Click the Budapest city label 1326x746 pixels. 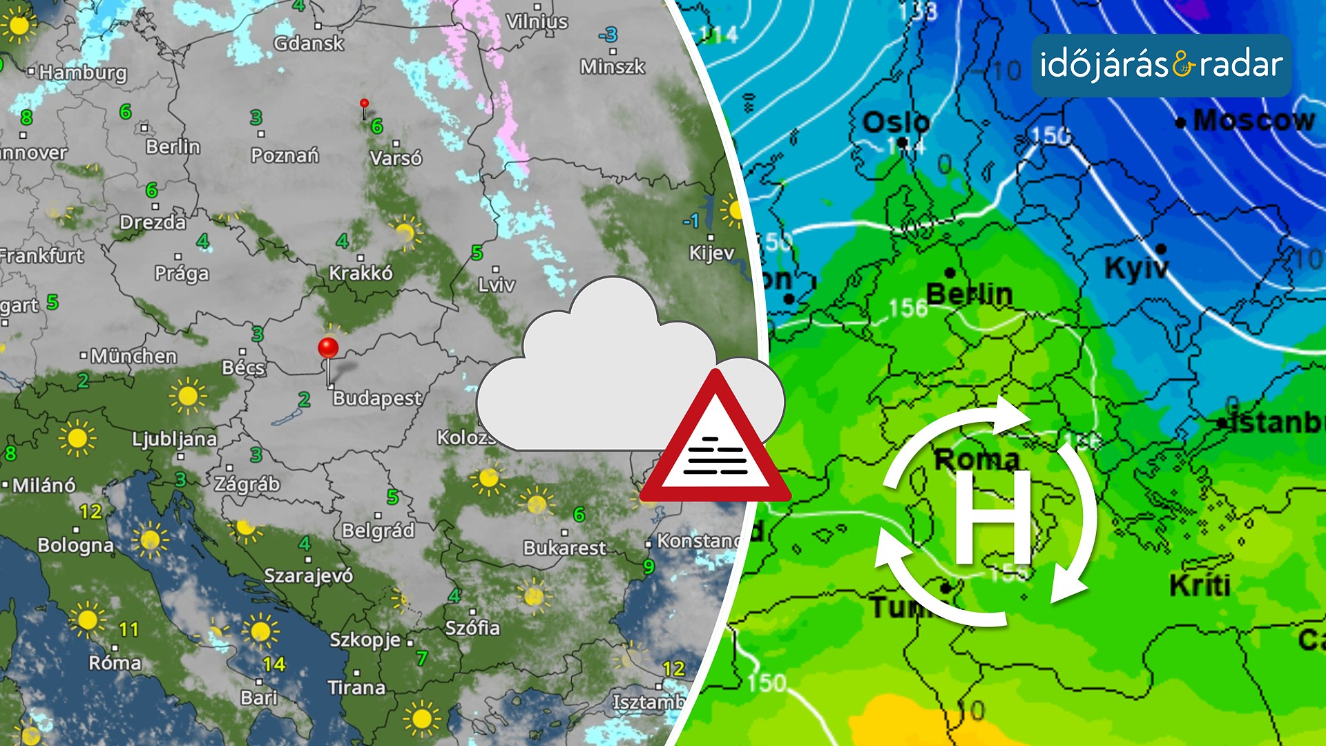tap(377, 399)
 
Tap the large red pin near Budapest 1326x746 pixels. tap(328, 347)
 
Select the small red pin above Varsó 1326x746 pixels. tap(364, 104)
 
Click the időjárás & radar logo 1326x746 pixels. tap(1162, 66)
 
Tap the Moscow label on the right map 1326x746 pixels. tap(1253, 121)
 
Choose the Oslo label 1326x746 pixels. tap(896, 123)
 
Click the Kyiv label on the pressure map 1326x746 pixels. tap(1136, 268)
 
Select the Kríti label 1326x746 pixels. tap(1200, 586)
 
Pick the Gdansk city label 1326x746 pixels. tap(309, 44)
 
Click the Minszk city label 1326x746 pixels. tap(613, 66)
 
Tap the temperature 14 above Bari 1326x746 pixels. tap(274, 664)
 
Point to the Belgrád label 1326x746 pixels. tap(378, 530)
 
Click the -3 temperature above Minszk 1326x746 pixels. tap(608, 35)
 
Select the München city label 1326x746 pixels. tap(133, 356)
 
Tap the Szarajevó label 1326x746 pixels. tap(309, 575)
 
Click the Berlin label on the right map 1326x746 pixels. tap(969, 294)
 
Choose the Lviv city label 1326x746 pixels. tap(497, 285)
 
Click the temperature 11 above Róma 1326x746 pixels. tap(129, 630)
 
